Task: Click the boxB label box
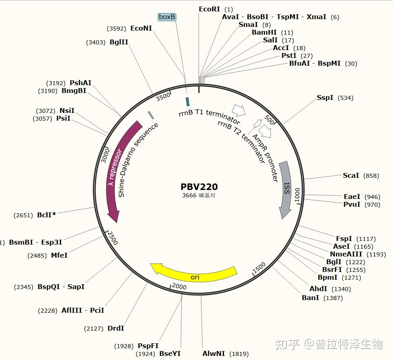[167, 17]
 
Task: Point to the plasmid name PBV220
[199, 187]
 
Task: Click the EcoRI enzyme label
[209, 9]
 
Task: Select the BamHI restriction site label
[264, 32]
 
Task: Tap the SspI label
[325, 98]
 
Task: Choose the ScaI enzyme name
[351, 175]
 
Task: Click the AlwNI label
[214, 353]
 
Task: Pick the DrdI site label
[116, 328]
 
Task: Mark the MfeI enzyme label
[59, 255]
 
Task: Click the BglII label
[119, 42]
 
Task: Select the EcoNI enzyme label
[141, 28]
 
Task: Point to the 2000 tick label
[179, 287]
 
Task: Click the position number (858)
[371, 176]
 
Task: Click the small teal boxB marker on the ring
[187, 101]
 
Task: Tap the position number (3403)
[96, 42]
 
